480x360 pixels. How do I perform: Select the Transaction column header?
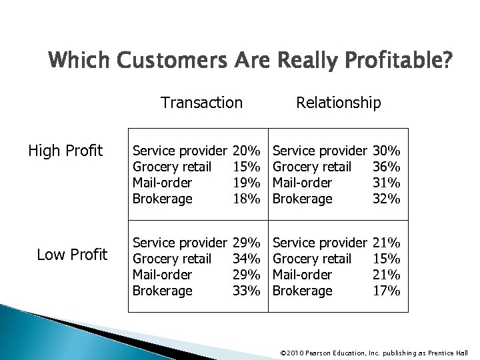click(201, 102)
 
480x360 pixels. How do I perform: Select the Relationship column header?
click(339, 102)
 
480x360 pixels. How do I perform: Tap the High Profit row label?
click(65, 151)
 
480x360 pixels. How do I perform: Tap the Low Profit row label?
click(71, 255)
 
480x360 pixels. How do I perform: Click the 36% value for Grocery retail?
click(386, 167)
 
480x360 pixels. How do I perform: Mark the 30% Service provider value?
click(386, 151)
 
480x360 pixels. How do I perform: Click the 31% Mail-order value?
click(386, 183)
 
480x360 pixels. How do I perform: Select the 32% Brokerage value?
click(386, 199)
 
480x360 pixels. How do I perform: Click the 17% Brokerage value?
click(386, 290)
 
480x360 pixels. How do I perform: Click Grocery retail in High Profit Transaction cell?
click(173, 167)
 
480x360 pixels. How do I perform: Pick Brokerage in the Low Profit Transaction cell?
click(163, 290)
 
